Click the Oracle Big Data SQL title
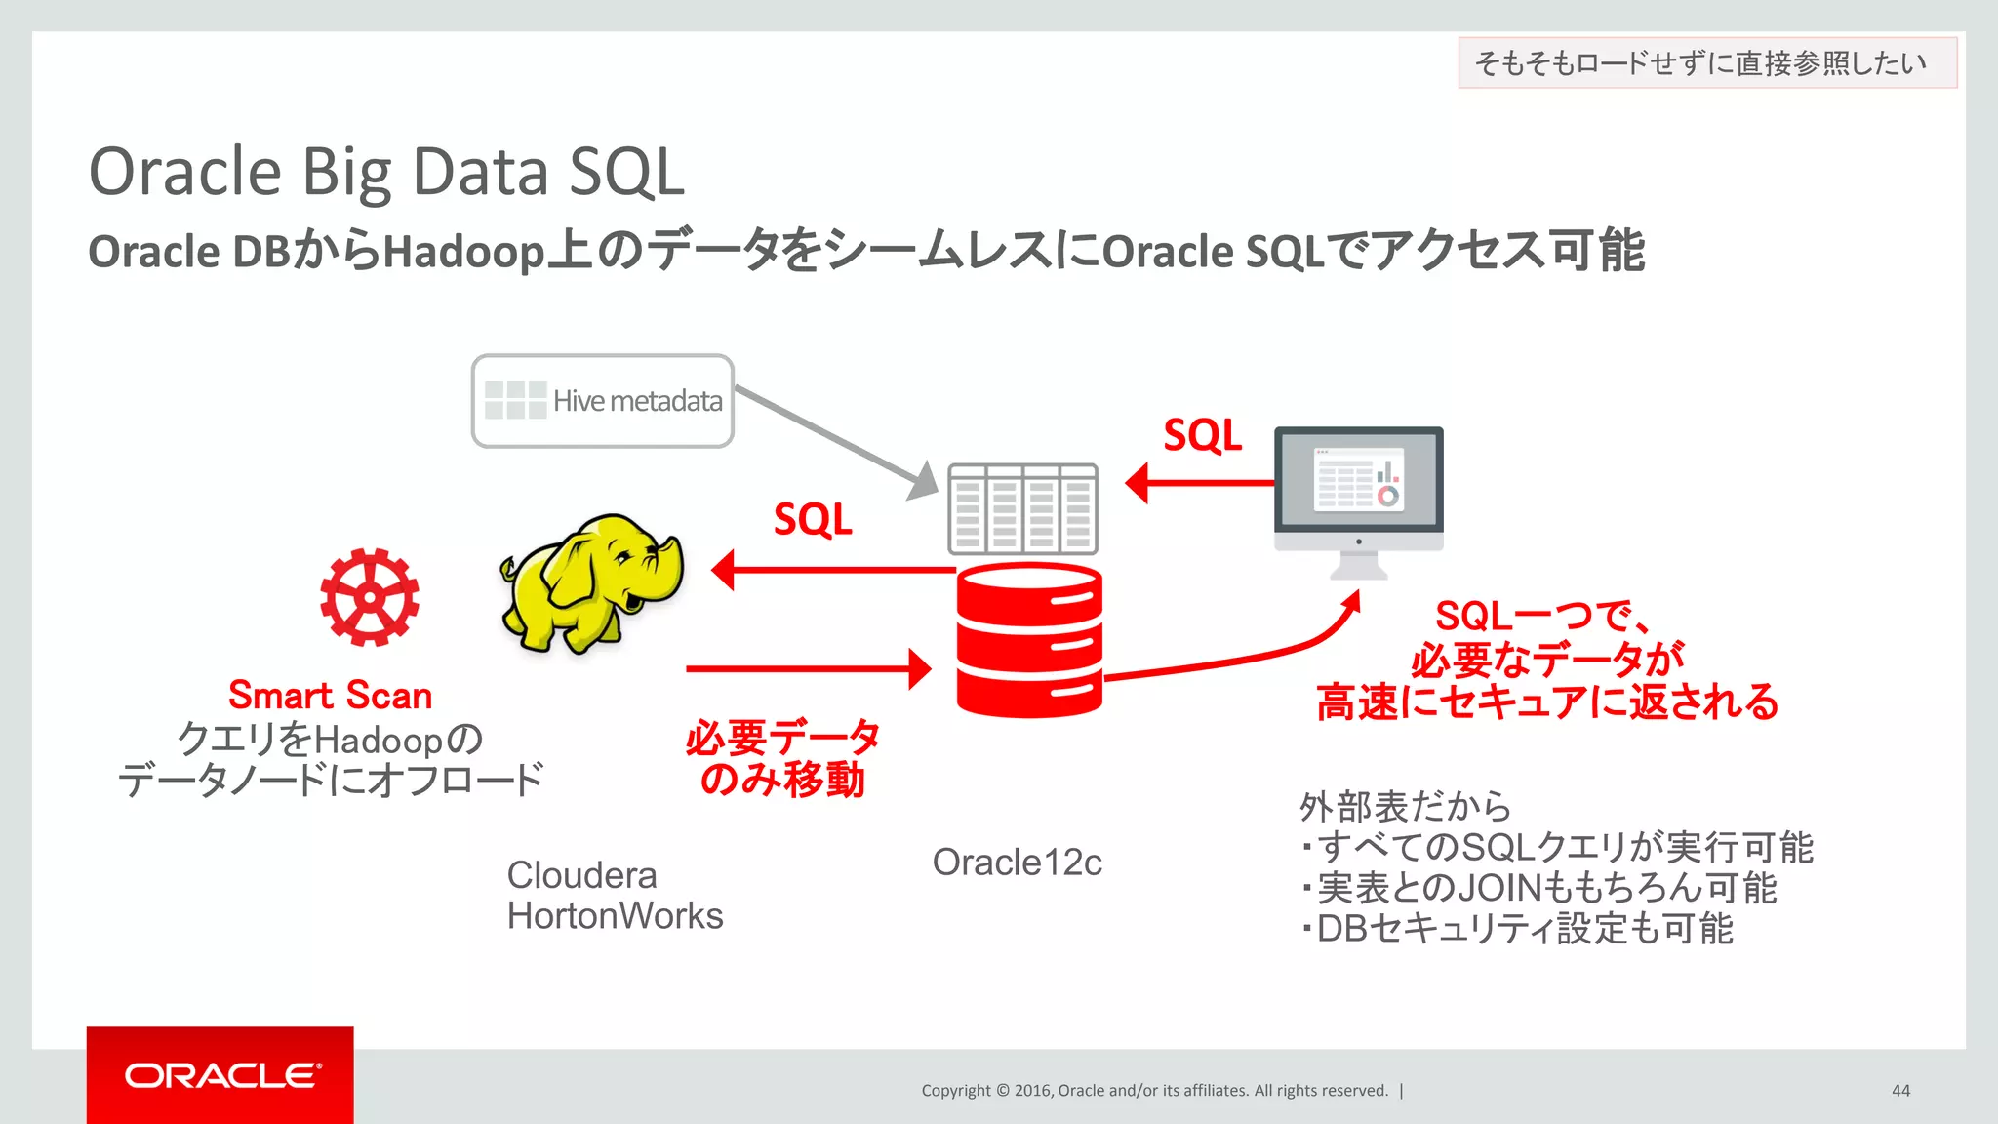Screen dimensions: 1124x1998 tap(386, 172)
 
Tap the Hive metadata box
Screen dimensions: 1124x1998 tap(602, 401)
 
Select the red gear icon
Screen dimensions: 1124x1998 tap(370, 597)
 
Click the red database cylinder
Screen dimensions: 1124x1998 tap(1029, 641)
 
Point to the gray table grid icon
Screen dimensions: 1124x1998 tap(1022, 508)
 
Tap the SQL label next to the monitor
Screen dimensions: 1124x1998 tap(1202, 435)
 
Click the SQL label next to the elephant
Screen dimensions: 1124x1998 tap(812, 519)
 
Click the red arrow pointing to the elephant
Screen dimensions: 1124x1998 tap(829, 570)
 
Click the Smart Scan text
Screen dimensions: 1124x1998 tap(330, 696)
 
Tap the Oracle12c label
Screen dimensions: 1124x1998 tap(1017, 863)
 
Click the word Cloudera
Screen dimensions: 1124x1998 tap(581, 875)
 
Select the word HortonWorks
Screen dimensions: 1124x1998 tap(615, 916)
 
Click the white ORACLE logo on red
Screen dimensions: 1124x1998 tap(220, 1075)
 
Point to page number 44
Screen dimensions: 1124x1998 tap(1900, 1091)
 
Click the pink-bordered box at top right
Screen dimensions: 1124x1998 tap(1706, 62)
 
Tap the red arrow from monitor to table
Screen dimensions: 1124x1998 tap(1200, 483)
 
